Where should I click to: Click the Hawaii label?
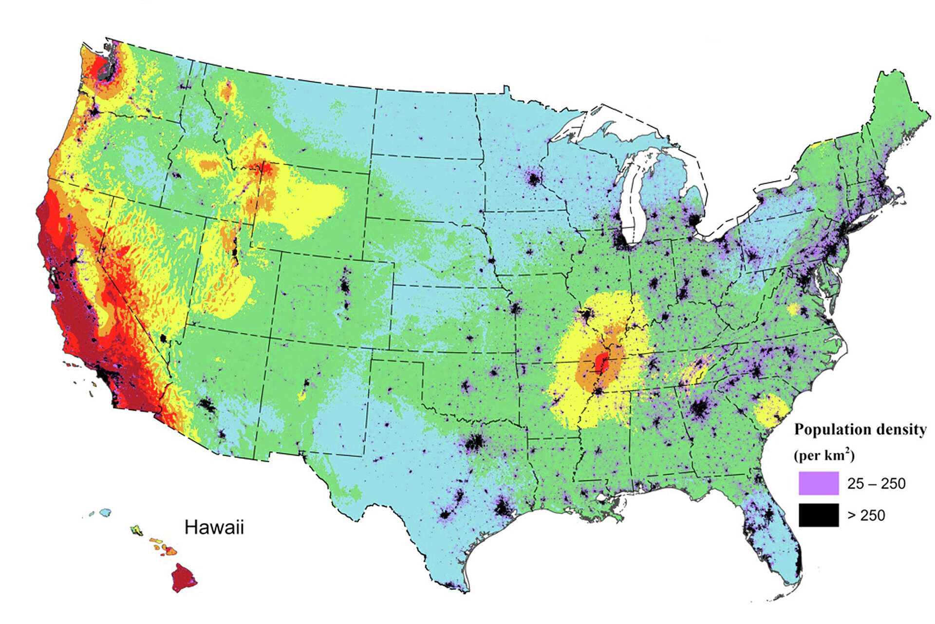pyautogui.click(x=214, y=527)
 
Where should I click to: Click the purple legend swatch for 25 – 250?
pyautogui.click(x=819, y=483)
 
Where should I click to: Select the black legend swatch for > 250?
pyautogui.click(x=819, y=515)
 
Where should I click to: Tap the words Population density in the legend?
pyautogui.click(x=860, y=429)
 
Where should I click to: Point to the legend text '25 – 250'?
pyautogui.click(x=876, y=484)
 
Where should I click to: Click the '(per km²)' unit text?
pyautogui.click(x=824, y=455)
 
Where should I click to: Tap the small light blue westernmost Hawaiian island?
pyautogui.click(x=105, y=512)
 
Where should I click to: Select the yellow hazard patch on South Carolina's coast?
pyautogui.click(x=771, y=410)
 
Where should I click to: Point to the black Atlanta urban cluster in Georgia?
pyautogui.click(x=701, y=409)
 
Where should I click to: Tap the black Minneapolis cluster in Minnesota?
pyautogui.click(x=534, y=179)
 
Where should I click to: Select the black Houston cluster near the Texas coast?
pyautogui.click(x=503, y=509)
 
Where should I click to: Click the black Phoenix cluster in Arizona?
pyautogui.click(x=208, y=405)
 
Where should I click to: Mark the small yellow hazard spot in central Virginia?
pyautogui.click(x=793, y=309)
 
